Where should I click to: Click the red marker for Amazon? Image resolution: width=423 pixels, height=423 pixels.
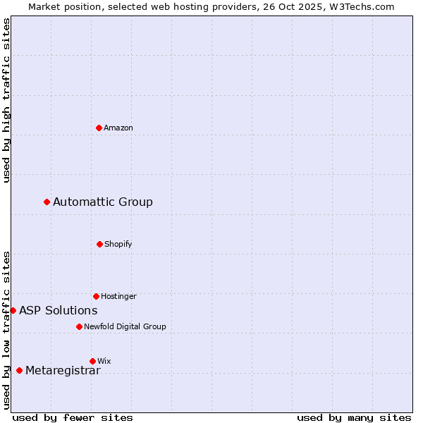click(x=99, y=128)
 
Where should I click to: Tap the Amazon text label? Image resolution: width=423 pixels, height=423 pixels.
click(x=118, y=128)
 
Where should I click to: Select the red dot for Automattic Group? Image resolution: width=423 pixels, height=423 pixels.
click(x=47, y=202)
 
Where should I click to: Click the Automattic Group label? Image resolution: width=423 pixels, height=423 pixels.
click(x=103, y=202)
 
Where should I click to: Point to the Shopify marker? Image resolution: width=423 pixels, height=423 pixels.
click(x=99, y=244)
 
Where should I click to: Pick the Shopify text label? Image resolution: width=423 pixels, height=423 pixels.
click(x=118, y=245)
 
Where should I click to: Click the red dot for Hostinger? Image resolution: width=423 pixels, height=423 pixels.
click(x=96, y=296)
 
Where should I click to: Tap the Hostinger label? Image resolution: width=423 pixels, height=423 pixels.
click(x=118, y=297)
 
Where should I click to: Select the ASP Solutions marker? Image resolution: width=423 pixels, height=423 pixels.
click(x=13, y=310)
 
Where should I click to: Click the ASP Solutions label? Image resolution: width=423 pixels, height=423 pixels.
click(x=59, y=311)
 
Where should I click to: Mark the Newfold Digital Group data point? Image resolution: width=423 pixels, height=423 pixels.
click(x=79, y=326)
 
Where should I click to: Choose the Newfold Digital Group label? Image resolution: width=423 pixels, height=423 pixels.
click(x=125, y=327)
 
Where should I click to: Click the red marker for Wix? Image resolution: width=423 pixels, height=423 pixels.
click(x=92, y=361)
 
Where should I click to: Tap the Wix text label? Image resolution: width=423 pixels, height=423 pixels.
click(x=104, y=362)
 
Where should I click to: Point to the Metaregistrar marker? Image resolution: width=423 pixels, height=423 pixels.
click(x=19, y=370)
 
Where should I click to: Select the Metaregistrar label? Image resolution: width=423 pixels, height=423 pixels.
click(x=63, y=371)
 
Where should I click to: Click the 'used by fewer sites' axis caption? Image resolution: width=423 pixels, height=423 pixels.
click(x=73, y=417)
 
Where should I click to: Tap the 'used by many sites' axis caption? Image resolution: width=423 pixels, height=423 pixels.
click(x=354, y=417)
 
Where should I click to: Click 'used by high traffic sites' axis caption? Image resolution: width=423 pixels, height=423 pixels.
click(x=6, y=100)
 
